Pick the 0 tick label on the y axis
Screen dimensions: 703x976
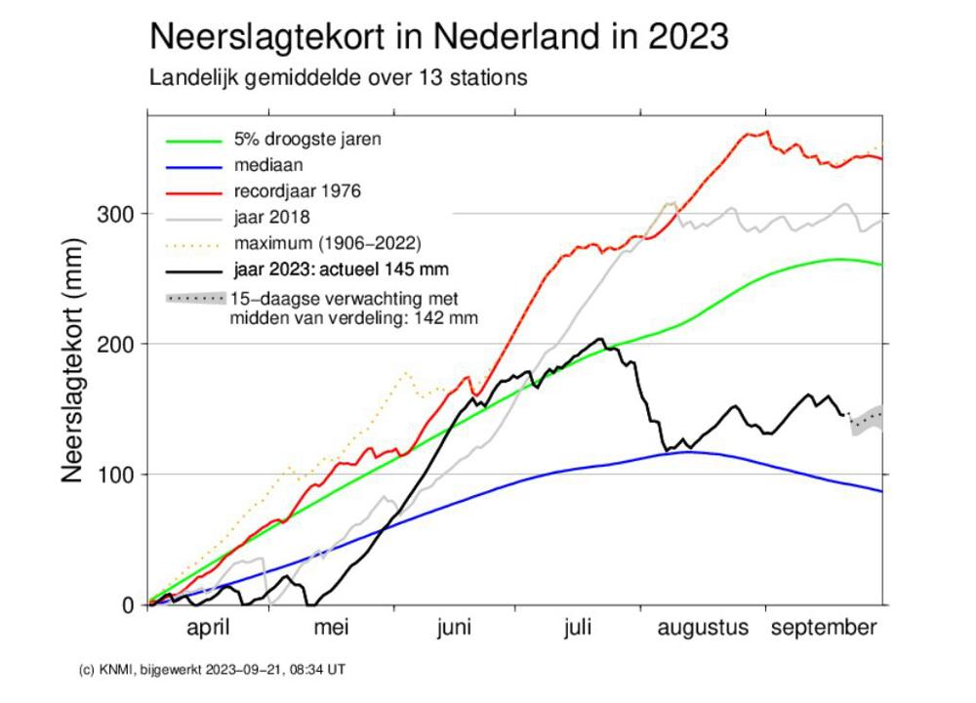click(x=127, y=605)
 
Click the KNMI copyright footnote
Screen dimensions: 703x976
click(x=211, y=670)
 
